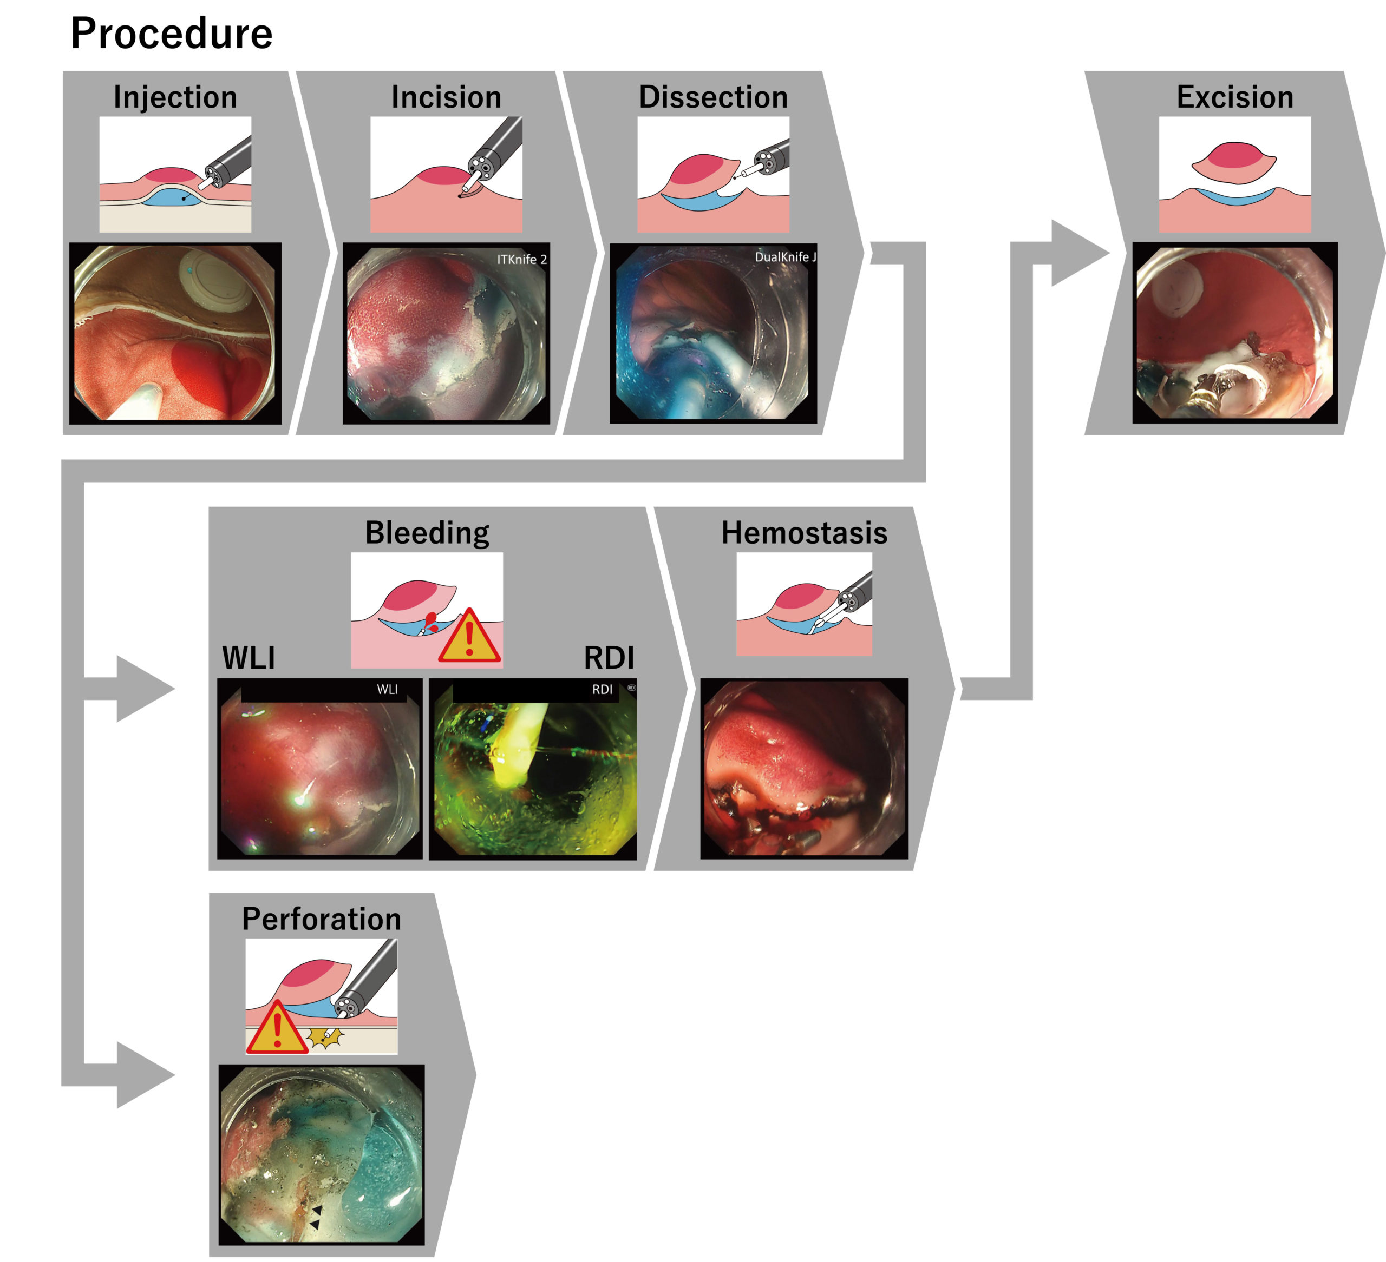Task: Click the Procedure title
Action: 171,33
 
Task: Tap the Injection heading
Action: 175,97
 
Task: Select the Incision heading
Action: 446,97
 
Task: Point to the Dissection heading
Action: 713,97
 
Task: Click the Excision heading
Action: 1235,97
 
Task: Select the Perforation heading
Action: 321,919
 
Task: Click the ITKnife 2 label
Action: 522,260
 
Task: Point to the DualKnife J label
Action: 785,257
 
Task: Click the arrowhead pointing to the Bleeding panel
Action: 143,689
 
